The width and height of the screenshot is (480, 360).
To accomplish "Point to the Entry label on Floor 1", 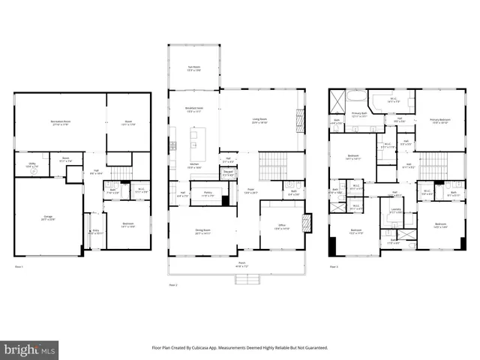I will (x=95, y=232).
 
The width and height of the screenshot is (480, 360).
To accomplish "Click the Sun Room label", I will (x=193, y=68).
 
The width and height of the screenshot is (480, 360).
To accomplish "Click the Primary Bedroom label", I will (x=439, y=121).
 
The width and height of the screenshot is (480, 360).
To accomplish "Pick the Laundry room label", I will (x=397, y=211).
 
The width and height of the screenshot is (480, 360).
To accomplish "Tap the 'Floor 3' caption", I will (x=334, y=266).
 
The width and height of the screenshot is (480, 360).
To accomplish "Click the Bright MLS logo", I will (x=30, y=349).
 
